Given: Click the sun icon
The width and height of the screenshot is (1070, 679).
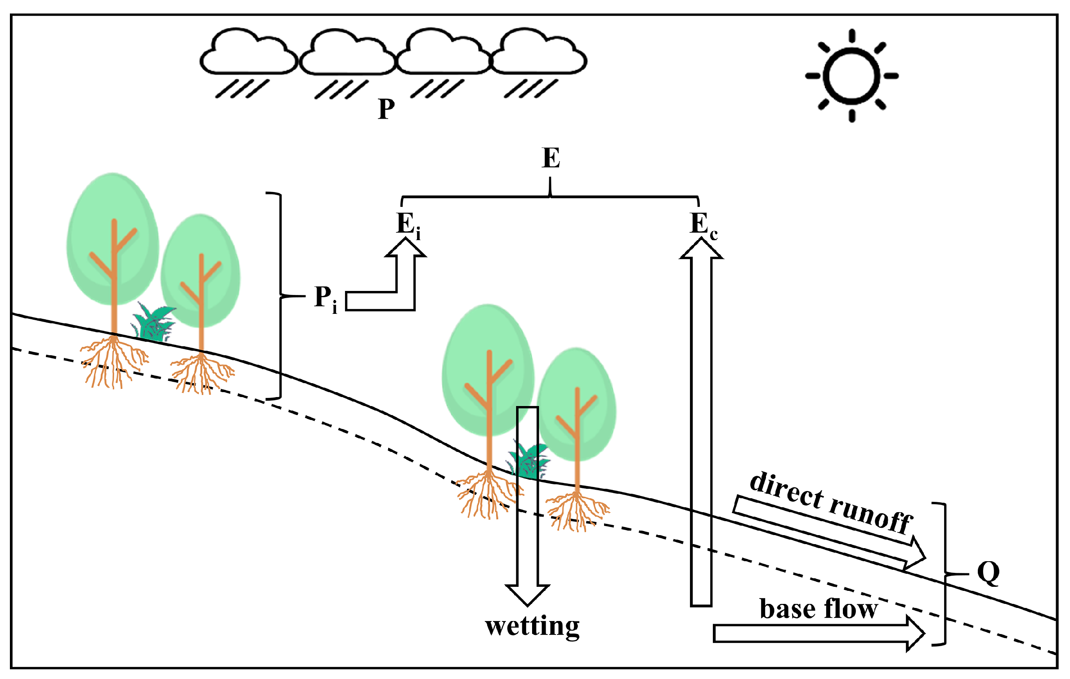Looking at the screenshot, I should (x=851, y=76).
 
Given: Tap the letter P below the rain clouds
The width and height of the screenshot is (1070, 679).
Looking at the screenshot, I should (x=386, y=109).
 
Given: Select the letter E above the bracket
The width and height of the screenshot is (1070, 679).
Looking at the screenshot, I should (x=551, y=158).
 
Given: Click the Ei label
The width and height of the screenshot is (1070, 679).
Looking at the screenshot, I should (x=407, y=224).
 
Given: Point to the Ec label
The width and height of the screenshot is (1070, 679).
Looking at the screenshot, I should (x=703, y=224).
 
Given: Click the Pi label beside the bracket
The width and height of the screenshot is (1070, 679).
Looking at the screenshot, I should (x=325, y=298).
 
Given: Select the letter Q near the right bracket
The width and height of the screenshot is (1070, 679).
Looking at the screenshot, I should (x=988, y=573).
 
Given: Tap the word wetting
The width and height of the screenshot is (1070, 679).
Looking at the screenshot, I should (x=532, y=626).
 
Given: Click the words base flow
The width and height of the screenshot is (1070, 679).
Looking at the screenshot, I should (x=818, y=609).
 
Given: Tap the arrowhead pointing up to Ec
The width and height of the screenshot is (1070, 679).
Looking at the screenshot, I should (x=701, y=250).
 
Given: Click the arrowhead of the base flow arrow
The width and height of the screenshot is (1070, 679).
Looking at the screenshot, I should (x=914, y=634).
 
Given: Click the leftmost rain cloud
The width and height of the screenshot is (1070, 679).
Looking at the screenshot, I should (x=248, y=53).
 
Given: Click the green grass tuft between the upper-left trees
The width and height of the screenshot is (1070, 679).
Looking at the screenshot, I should (x=154, y=322).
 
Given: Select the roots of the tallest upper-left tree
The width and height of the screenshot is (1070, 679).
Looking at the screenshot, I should (x=113, y=362).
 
